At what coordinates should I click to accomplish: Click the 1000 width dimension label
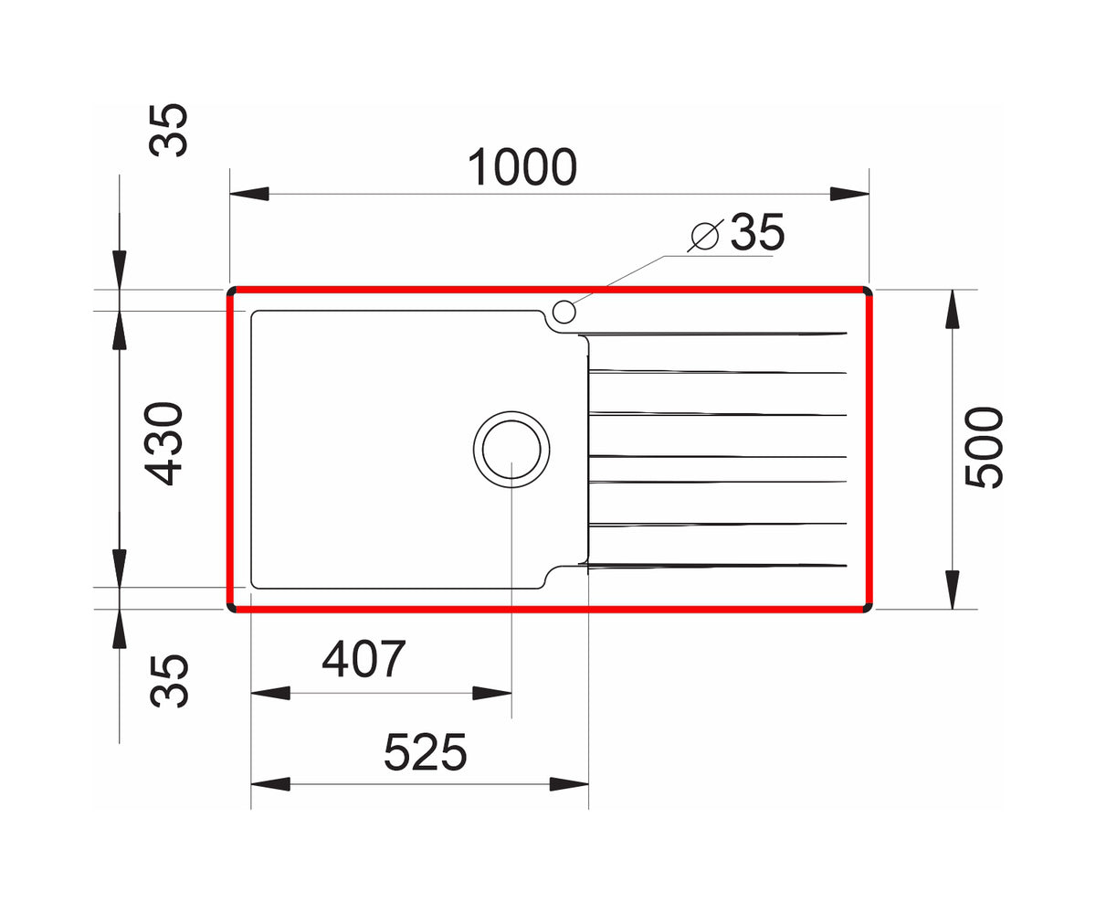click(x=522, y=167)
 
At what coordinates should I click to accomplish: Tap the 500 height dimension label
click(x=985, y=448)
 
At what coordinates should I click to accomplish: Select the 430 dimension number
click(x=163, y=444)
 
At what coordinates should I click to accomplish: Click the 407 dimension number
click(x=364, y=658)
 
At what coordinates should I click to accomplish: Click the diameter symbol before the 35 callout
click(x=705, y=235)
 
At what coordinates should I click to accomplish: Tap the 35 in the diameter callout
click(x=757, y=231)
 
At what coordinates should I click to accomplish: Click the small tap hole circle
click(x=564, y=312)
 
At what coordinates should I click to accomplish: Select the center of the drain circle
click(x=511, y=449)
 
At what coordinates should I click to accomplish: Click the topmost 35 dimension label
click(x=168, y=131)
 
